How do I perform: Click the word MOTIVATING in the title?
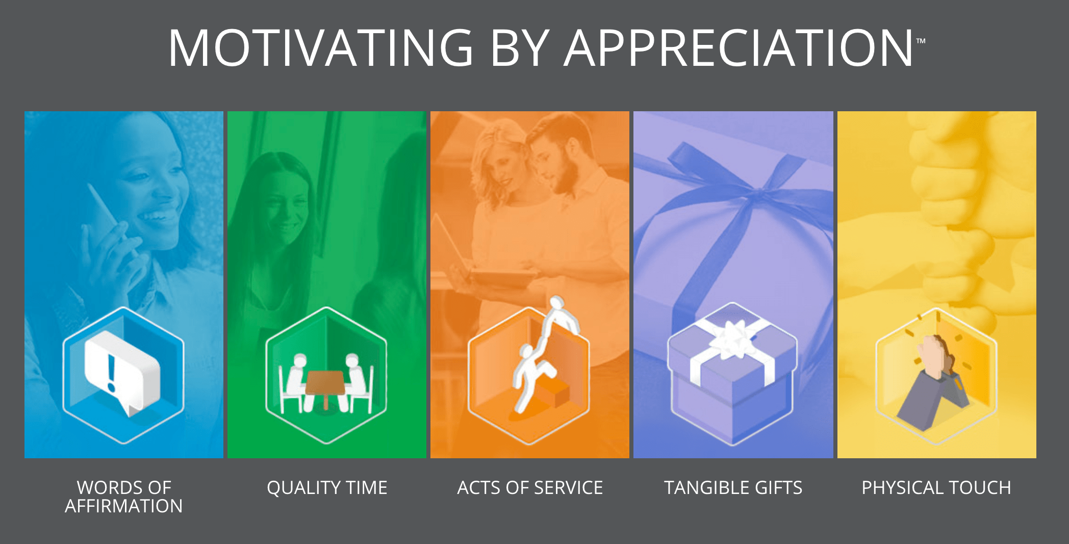[x=321, y=48]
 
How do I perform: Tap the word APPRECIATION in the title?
[x=739, y=48]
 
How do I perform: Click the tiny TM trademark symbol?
[x=921, y=41]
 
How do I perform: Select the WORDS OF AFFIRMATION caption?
[x=124, y=497]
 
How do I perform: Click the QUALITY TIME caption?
[x=327, y=487]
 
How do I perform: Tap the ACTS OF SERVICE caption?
[x=530, y=487]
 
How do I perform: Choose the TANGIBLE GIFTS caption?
[x=733, y=487]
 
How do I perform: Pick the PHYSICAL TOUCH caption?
[x=936, y=487]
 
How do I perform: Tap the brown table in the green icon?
[x=325, y=385]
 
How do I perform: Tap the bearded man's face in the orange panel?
[x=556, y=161]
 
